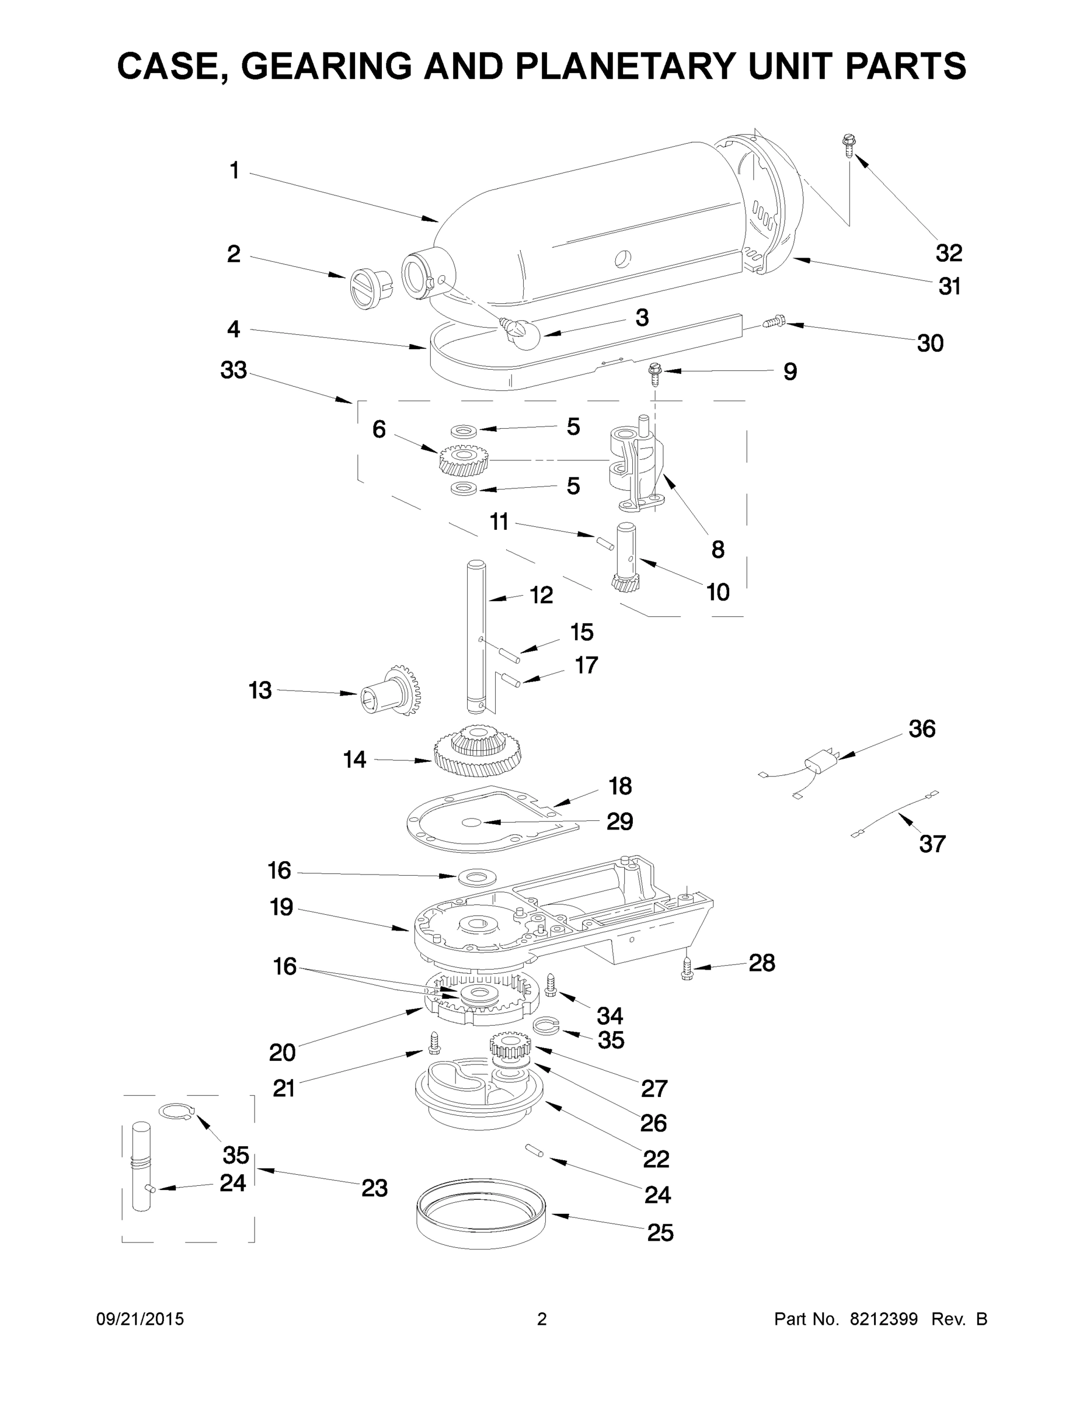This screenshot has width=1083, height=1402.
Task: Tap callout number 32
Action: [949, 253]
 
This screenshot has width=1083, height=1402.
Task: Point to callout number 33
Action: [234, 370]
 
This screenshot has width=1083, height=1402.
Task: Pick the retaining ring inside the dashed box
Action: [176, 1111]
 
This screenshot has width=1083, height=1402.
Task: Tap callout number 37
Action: [932, 843]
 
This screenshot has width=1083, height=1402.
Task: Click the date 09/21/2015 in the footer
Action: [140, 1319]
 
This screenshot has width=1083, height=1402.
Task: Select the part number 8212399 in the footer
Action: [883, 1319]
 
